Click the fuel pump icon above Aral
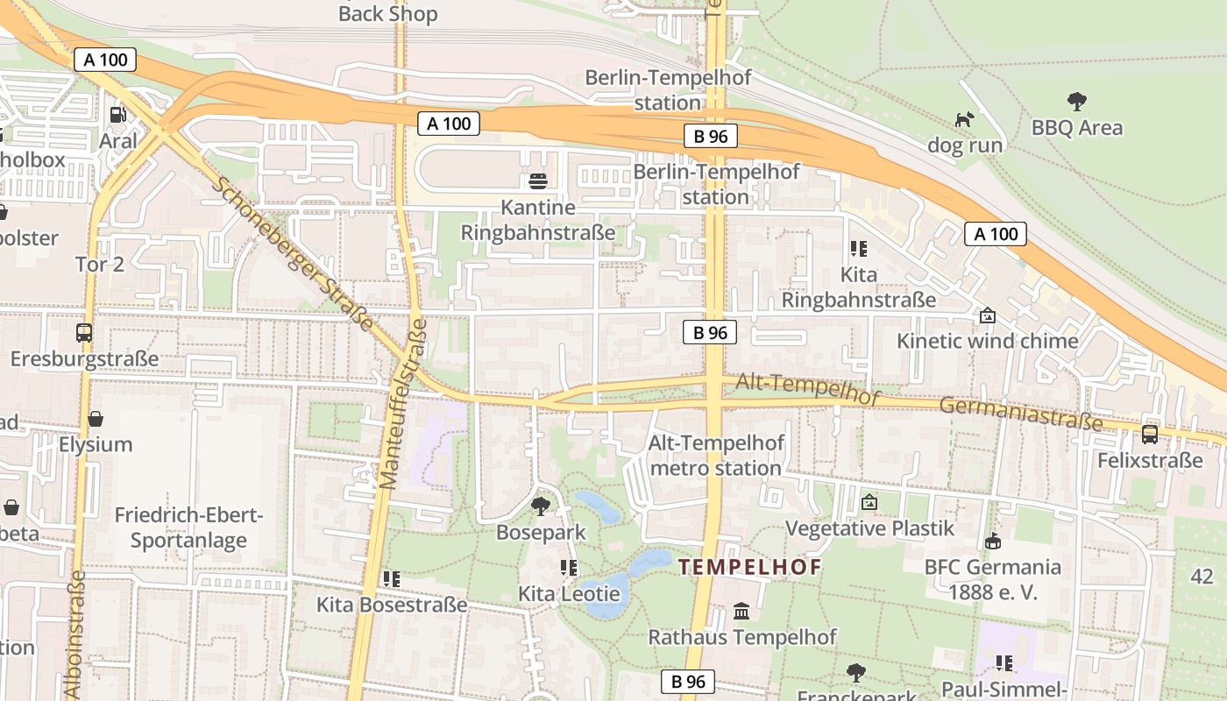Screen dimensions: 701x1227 (x=117, y=115)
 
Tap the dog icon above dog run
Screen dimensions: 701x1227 (x=964, y=119)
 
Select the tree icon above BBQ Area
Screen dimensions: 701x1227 (x=1076, y=102)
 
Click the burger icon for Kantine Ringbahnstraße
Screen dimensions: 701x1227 (x=538, y=181)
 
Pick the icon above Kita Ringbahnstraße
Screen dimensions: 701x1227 (x=858, y=249)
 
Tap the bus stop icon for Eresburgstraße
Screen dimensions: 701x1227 (x=84, y=333)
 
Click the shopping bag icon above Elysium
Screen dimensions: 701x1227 (x=96, y=419)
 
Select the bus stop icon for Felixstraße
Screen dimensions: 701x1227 (x=1150, y=435)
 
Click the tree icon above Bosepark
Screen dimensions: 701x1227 (x=541, y=506)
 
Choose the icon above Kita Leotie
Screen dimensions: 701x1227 (x=569, y=568)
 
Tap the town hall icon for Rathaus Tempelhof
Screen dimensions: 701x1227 (x=741, y=611)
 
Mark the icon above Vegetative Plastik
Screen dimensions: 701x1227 (x=869, y=503)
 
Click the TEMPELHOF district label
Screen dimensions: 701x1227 (x=750, y=567)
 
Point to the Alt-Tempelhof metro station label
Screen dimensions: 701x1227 (x=716, y=456)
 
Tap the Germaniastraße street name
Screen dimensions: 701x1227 (x=1021, y=414)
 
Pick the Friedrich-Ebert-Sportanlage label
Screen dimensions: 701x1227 (x=188, y=528)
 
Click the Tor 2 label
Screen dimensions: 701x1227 (x=100, y=265)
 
